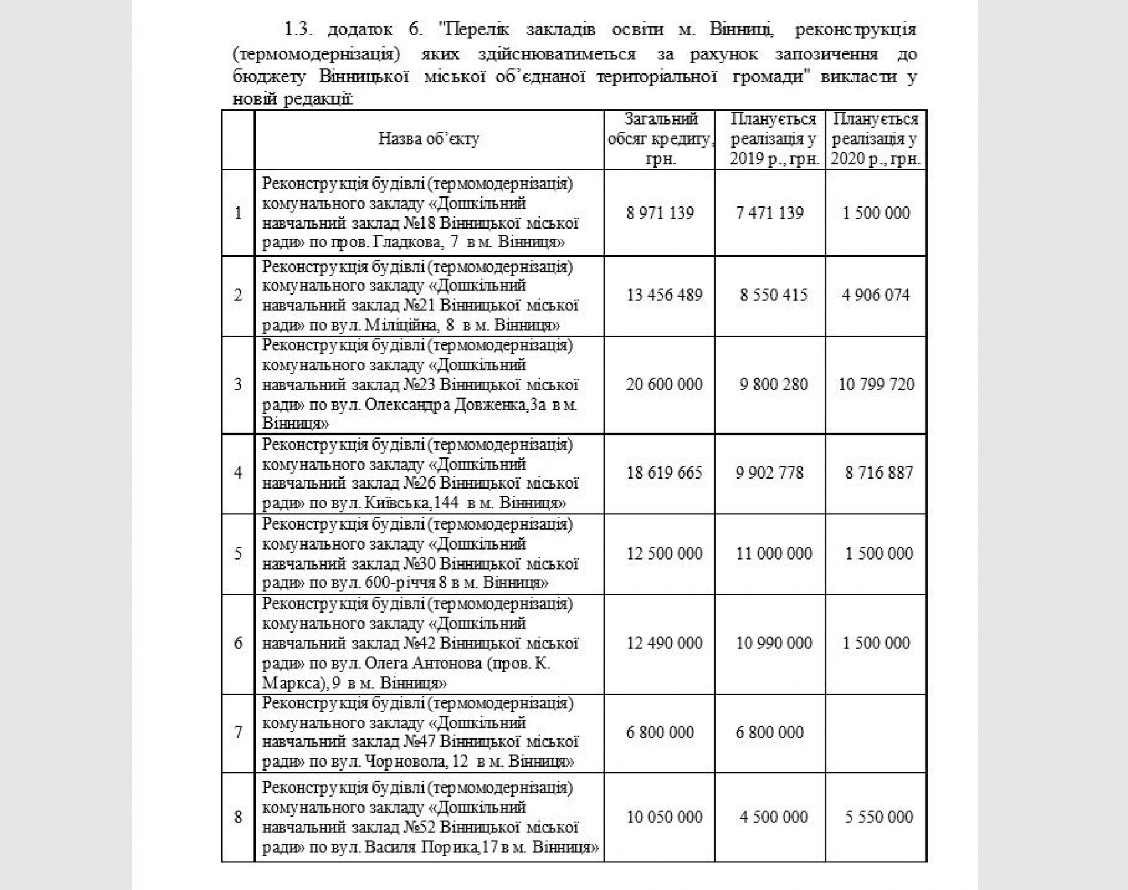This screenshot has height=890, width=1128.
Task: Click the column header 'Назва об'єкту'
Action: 429,139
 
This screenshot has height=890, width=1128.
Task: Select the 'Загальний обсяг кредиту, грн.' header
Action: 660,139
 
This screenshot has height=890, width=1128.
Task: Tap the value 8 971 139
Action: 660,213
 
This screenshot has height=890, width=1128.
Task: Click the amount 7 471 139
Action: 770,213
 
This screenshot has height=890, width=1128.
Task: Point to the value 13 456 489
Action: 664,295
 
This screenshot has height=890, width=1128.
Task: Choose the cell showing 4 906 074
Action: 876,295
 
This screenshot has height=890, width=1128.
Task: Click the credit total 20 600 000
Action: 664,384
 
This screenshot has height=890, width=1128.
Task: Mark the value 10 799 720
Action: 876,384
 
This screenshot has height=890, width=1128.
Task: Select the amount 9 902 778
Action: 770,473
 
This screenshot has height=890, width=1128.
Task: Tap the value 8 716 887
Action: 879,473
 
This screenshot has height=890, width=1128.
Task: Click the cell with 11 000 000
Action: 774,553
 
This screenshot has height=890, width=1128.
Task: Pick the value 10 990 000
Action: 774,643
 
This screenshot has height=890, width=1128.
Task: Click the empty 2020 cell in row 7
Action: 876,732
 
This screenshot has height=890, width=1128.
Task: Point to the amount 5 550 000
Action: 879,817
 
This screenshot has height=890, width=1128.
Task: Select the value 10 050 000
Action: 664,817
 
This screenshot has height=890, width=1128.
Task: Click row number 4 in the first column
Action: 238,473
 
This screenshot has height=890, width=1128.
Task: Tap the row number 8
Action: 238,817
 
